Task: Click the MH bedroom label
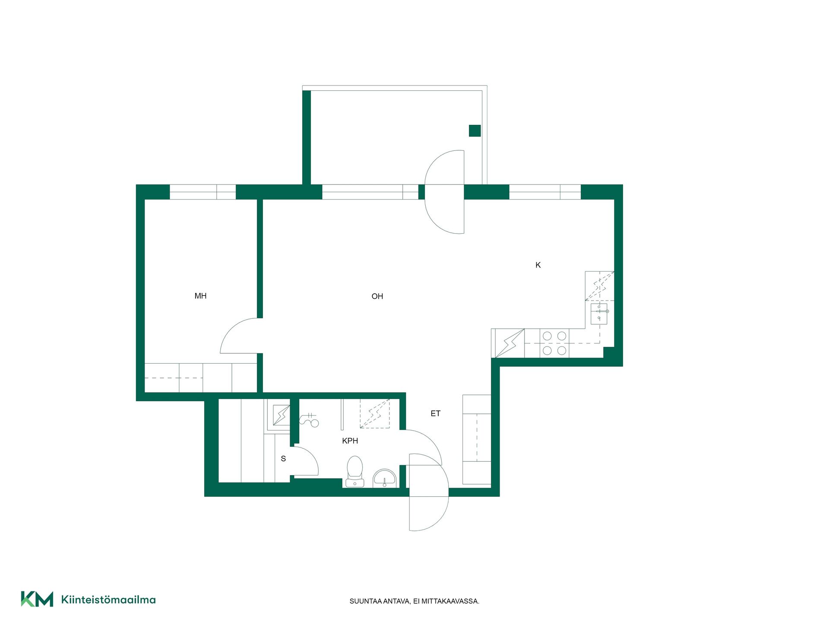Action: click(x=200, y=296)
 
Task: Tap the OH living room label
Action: click(x=377, y=296)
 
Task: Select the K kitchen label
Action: click(x=538, y=265)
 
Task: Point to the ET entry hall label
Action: click(x=435, y=413)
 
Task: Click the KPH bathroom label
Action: click(x=350, y=441)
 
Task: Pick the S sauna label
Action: click(x=283, y=459)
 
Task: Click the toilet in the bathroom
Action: click(x=355, y=471)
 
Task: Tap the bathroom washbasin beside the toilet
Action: click(x=385, y=479)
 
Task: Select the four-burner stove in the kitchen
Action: click(x=554, y=343)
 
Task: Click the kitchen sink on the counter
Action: click(x=599, y=314)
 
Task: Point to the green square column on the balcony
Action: click(x=475, y=130)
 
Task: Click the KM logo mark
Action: click(x=37, y=599)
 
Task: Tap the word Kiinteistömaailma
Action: click(x=108, y=600)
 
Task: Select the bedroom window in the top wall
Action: click(x=203, y=192)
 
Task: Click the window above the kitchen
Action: click(x=545, y=192)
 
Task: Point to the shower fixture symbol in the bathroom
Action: click(x=309, y=419)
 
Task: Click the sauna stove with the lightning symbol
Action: click(x=282, y=415)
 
